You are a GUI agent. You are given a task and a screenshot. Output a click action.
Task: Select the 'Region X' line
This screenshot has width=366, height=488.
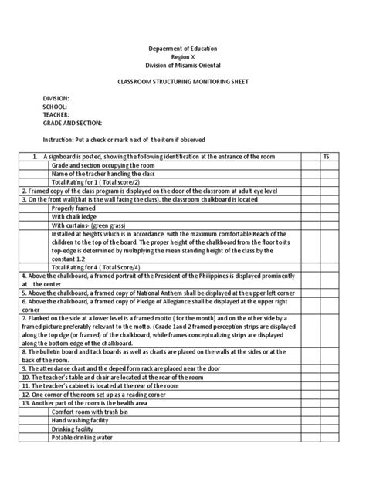coord(183,57)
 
